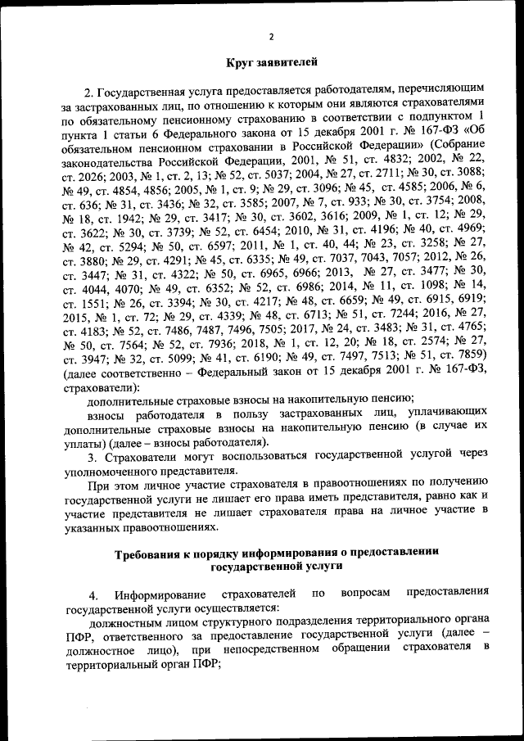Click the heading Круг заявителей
pos(271,61)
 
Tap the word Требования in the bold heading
pos(151,553)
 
